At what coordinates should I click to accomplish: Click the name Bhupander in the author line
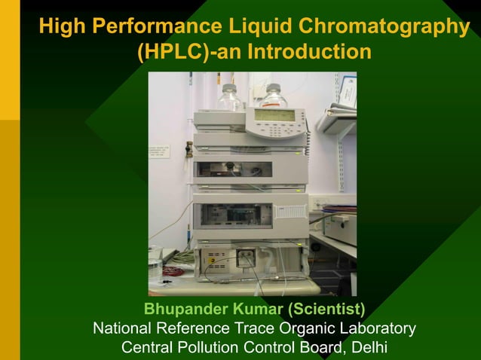point(180,310)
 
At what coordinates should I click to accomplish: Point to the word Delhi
point(365,348)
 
